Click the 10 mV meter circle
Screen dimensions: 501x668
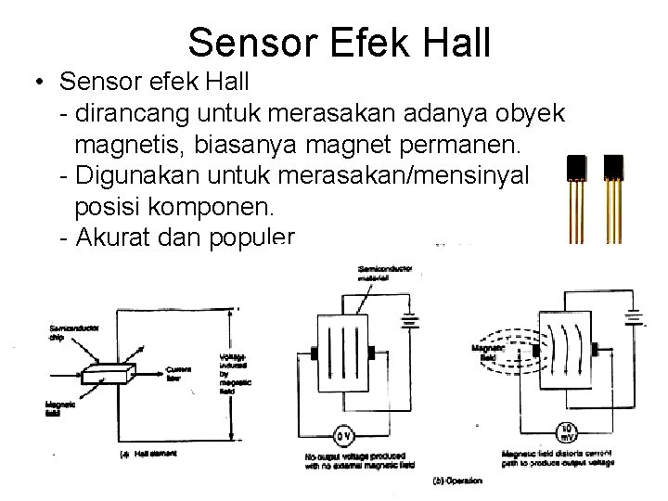click(x=569, y=430)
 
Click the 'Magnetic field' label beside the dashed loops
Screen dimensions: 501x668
click(x=483, y=353)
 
